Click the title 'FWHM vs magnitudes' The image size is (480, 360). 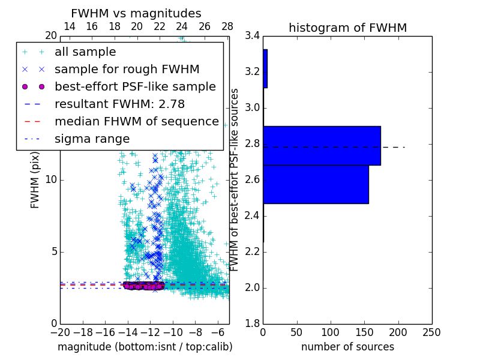point(136,13)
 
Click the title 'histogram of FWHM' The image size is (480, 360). point(347,28)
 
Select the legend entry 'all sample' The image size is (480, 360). point(85,52)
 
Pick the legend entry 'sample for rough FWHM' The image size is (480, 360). point(127,69)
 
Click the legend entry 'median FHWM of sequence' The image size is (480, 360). point(136,121)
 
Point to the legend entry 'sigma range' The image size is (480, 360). point(92,139)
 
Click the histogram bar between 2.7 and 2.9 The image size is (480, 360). point(322,145)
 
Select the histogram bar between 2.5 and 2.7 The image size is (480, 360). point(316,184)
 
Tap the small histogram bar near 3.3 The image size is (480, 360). point(265,68)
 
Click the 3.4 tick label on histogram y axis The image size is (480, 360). point(252,36)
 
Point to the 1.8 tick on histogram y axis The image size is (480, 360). point(252,324)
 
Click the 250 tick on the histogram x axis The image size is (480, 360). point(431,332)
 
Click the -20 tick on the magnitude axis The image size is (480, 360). point(60,332)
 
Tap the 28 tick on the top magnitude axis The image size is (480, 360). point(227,26)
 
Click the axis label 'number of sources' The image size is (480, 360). point(347,347)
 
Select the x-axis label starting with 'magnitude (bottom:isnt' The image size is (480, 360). point(145,347)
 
